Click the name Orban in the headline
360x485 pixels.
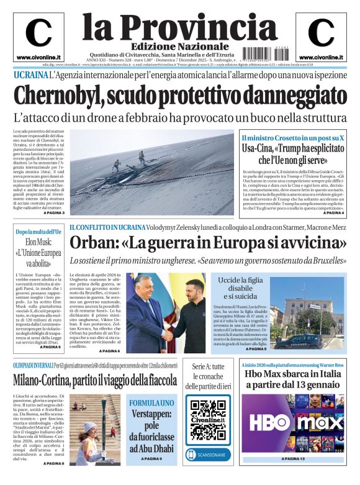click(x=92, y=243)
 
